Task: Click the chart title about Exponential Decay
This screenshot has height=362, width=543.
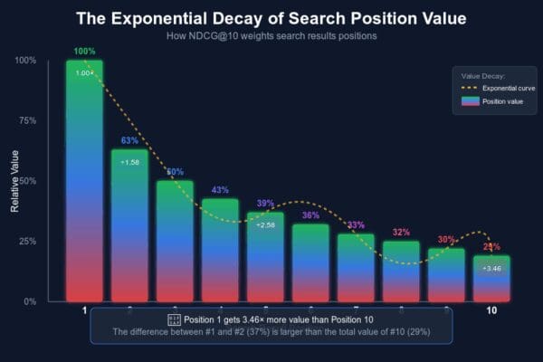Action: tap(271, 17)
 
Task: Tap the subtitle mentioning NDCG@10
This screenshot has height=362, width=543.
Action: tap(271, 35)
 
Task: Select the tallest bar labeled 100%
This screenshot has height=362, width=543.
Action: tap(84, 181)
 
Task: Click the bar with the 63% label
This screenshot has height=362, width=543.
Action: tap(129, 226)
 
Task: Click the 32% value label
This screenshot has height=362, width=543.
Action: tap(401, 232)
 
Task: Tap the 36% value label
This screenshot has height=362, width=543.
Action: tap(310, 215)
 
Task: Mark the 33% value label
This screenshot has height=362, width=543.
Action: tap(356, 224)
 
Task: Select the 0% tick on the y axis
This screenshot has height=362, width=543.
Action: tap(30, 301)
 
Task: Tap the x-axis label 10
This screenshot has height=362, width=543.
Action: tap(491, 311)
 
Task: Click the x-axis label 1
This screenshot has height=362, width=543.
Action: tap(84, 311)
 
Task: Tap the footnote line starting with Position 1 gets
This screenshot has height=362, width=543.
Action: tap(271, 319)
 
